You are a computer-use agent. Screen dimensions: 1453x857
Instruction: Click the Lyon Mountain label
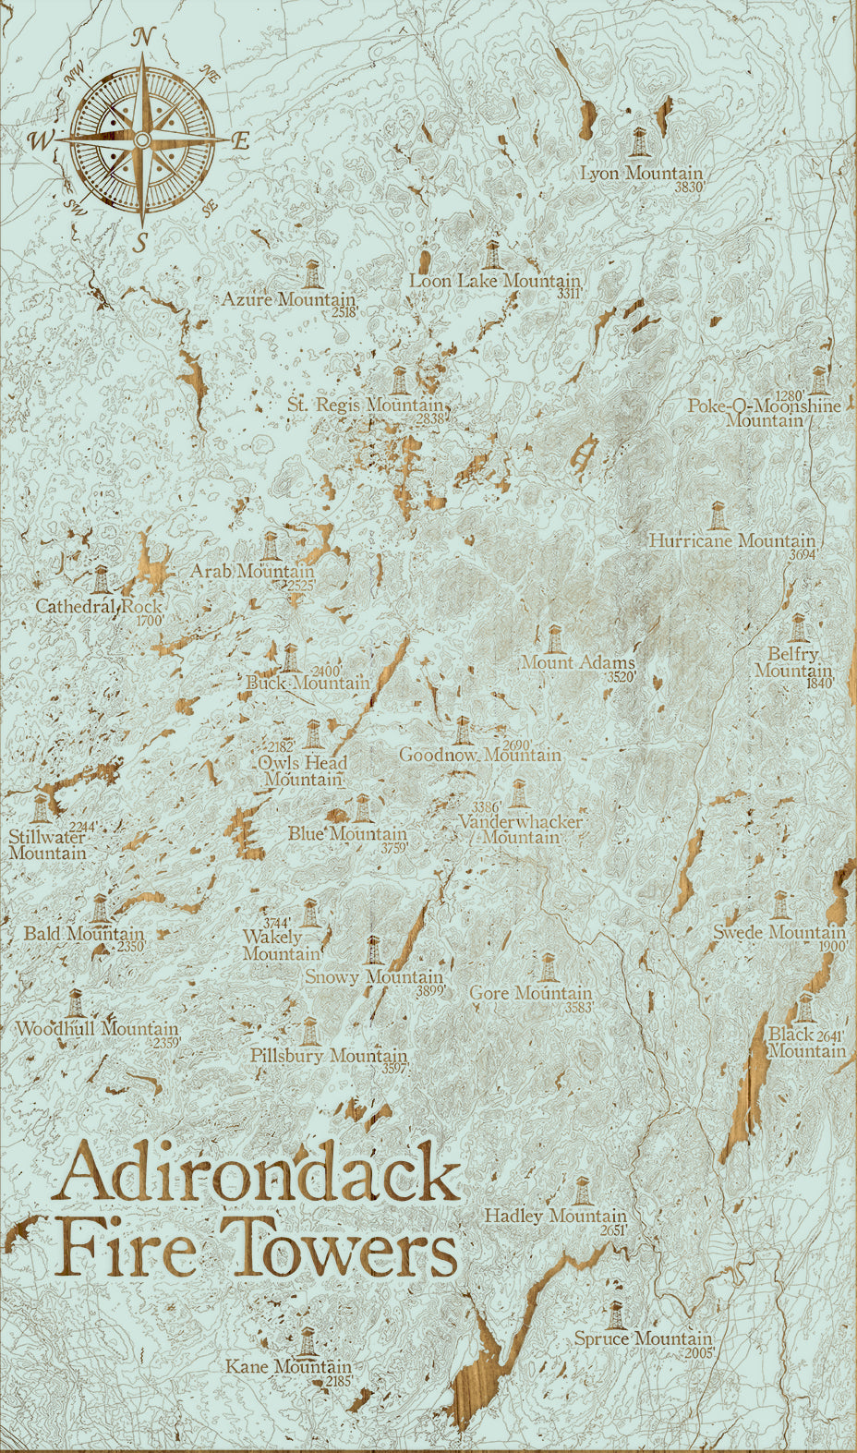pyautogui.click(x=641, y=173)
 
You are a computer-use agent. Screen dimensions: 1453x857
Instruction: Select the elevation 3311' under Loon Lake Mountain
pyautogui.click(x=569, y=294)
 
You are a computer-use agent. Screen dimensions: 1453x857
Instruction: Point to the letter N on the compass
pyautogui.click(x=142, y=38)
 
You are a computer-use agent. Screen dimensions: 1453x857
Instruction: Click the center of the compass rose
pyautogui.click(x=142, y=139)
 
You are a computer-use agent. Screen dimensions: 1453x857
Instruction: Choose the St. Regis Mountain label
pyautogui.click(x=365, y=406)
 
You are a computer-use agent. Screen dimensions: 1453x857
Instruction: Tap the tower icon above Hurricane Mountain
pyautogui.click(x=717, y=515)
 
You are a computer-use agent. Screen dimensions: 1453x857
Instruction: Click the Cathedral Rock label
pyautogui.click(x=98, y=607)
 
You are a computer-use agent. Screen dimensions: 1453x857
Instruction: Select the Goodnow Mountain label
pyautogui.click(x=479, y=755)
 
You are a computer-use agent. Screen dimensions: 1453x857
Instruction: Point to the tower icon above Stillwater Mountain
pyautogui.click(x=42, y=806)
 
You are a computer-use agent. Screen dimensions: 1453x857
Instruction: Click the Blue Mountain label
pyautogui.click(x=346, y=833)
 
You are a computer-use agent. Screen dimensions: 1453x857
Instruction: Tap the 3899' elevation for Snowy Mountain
pyautogui.click(x=430, y=990)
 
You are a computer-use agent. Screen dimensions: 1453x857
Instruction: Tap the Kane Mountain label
pyautogui.click(x=288, y=1366)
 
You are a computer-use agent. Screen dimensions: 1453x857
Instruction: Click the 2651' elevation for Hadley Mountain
pyautogui.click(x=612, y=1230)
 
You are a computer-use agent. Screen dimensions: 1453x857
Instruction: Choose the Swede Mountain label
pyautogui.click(x=779, y=932)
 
